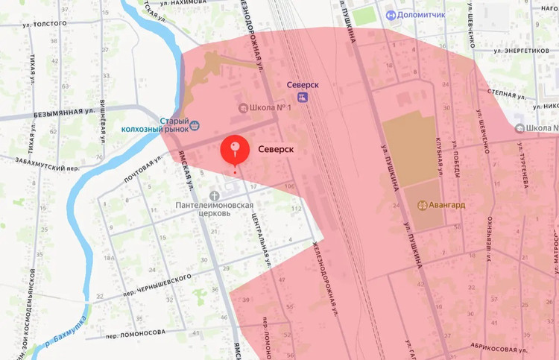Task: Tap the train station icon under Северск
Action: click(302, 98)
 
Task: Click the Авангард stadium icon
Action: click(422, 204)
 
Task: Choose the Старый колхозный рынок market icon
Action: click(195, 125)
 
